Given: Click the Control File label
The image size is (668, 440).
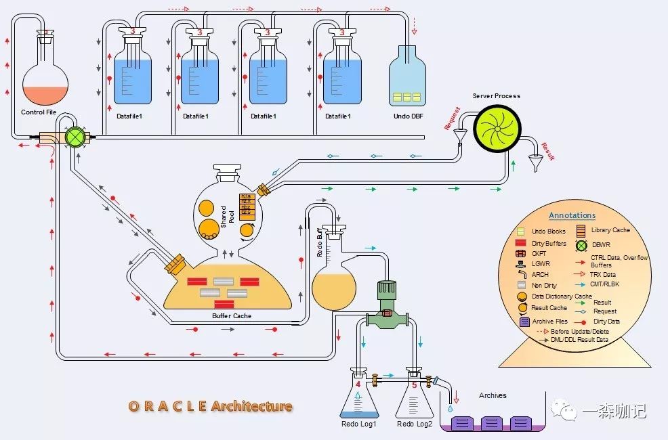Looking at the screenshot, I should (x=39, y=112).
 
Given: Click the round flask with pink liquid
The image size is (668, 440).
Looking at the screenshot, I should (x=45, y=85).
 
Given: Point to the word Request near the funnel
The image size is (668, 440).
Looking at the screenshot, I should (x=452, y=118).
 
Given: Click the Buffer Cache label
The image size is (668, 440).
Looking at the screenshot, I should (x=232, y=316).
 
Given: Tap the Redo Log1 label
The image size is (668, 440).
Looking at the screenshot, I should (x=359, y=424).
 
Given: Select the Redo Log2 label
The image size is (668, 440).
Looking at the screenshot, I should (x=415, y=424).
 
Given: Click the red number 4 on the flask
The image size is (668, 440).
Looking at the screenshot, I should (x=358, y=385).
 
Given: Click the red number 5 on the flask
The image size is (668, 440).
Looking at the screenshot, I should (x=415, y=385).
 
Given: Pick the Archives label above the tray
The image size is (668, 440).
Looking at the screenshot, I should (x=493, y=395).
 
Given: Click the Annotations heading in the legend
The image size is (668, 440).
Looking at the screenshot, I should (x=572, y=215).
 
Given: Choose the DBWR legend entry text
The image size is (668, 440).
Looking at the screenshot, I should (x=601, y=244).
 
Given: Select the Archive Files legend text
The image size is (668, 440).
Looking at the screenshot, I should (x=549, y=322).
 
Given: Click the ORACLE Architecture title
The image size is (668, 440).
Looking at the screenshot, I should (x=211, y=406).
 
